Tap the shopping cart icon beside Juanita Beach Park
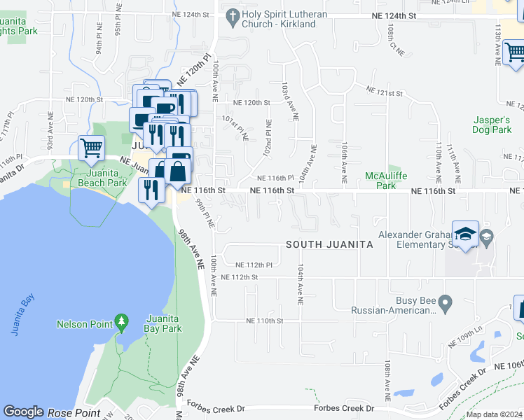click(91, 148)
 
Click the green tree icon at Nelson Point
click(123, 322)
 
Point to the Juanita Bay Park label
click(163, 323)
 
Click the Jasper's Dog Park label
click(492, 125)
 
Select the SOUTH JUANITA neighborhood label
click(329, 245)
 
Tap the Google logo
click(23, 412)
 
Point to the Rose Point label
click(74, 413)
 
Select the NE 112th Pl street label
click(254, 265)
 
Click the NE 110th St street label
click(264, 321)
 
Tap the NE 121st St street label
click(385, 92)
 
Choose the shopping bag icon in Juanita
click(179, 170)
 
